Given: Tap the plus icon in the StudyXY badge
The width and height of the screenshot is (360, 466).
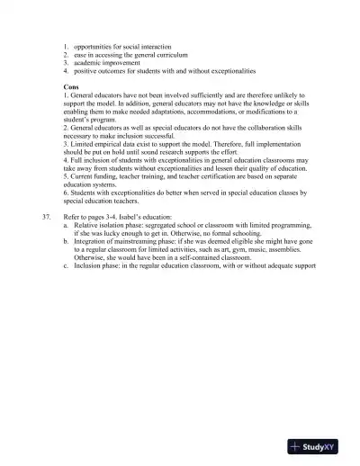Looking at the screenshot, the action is [x=295, y=446].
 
